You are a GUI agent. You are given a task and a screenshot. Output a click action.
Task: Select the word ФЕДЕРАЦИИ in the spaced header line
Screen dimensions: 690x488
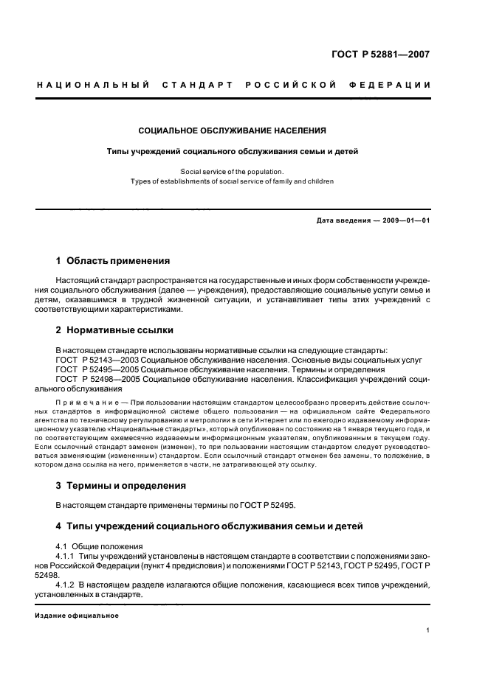click(x=397, y=86)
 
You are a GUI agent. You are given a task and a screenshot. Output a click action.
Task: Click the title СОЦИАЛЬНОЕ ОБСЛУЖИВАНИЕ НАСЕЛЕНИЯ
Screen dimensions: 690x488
click(x=233, y=130)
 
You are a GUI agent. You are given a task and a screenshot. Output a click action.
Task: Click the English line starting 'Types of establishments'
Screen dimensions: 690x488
click(x=232, y=181)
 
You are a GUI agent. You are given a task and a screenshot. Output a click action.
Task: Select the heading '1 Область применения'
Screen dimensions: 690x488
click(x=113, y=261)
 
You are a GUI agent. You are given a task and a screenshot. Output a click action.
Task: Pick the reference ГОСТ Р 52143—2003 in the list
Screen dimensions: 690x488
click(x=97, y=359)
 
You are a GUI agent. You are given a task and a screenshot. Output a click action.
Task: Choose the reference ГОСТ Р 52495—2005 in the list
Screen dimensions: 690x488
click(x=97, y=369)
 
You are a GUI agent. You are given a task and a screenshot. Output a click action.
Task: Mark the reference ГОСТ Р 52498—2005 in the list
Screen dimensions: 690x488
click(x=97, y=378)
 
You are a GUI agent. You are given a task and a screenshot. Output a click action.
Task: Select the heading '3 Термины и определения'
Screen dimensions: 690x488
click(x=121, y=486)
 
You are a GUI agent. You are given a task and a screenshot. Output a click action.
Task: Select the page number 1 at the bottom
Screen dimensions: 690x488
click(x=428, y=630)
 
